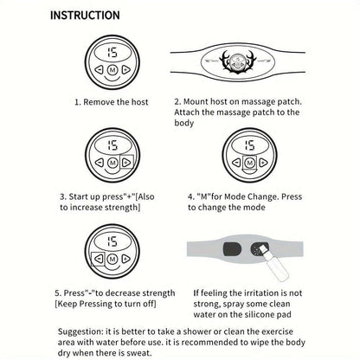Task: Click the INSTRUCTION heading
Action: point(85,16)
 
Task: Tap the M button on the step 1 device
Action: point(112,70)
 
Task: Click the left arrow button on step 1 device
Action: point(99,69)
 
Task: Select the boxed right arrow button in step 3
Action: point(126,163)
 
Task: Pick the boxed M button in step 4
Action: point(249,164)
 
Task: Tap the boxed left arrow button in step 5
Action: point(99,259)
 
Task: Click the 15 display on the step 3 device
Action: point(112,145)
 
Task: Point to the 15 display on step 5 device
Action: point(112,241)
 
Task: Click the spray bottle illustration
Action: point(275,263)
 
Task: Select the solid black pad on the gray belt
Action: point(233,249)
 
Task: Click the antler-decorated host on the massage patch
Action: point(237,62)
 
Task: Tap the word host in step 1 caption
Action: point(139,102)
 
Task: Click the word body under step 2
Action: point(183,123)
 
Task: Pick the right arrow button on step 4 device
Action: point(263,163)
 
